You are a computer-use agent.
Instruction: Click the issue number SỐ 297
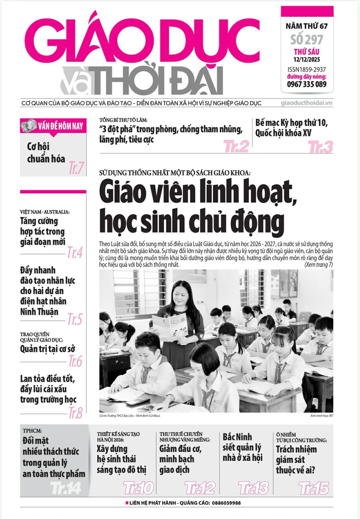(x=307, y=40)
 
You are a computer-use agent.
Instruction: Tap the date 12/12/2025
(x=307, y=60)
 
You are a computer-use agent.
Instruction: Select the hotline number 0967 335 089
(x=307, y=84)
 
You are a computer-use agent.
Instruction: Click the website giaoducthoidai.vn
(x=307, y=103)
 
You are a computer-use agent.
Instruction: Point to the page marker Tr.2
(x=236, y=147)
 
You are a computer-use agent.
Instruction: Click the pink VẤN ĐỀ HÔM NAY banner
(x=53, y=126)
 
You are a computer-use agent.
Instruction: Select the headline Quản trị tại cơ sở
(x=48, y=349)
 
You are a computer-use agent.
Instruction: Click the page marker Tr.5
(x=74, y=319)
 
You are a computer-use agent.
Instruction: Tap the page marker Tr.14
(x=66, y=488)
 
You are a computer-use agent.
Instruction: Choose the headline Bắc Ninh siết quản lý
(x=242, y=447)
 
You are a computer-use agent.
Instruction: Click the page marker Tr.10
(x=138, y=488)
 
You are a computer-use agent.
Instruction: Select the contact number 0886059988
(x=221, y=503)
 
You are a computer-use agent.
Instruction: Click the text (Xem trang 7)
(x=318, y=265)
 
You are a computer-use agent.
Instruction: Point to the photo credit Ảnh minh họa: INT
(x=321, y=416)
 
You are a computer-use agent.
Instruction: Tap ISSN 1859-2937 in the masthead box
(x=307, y=69)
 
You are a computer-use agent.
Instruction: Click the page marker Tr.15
(x=314, y=488)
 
